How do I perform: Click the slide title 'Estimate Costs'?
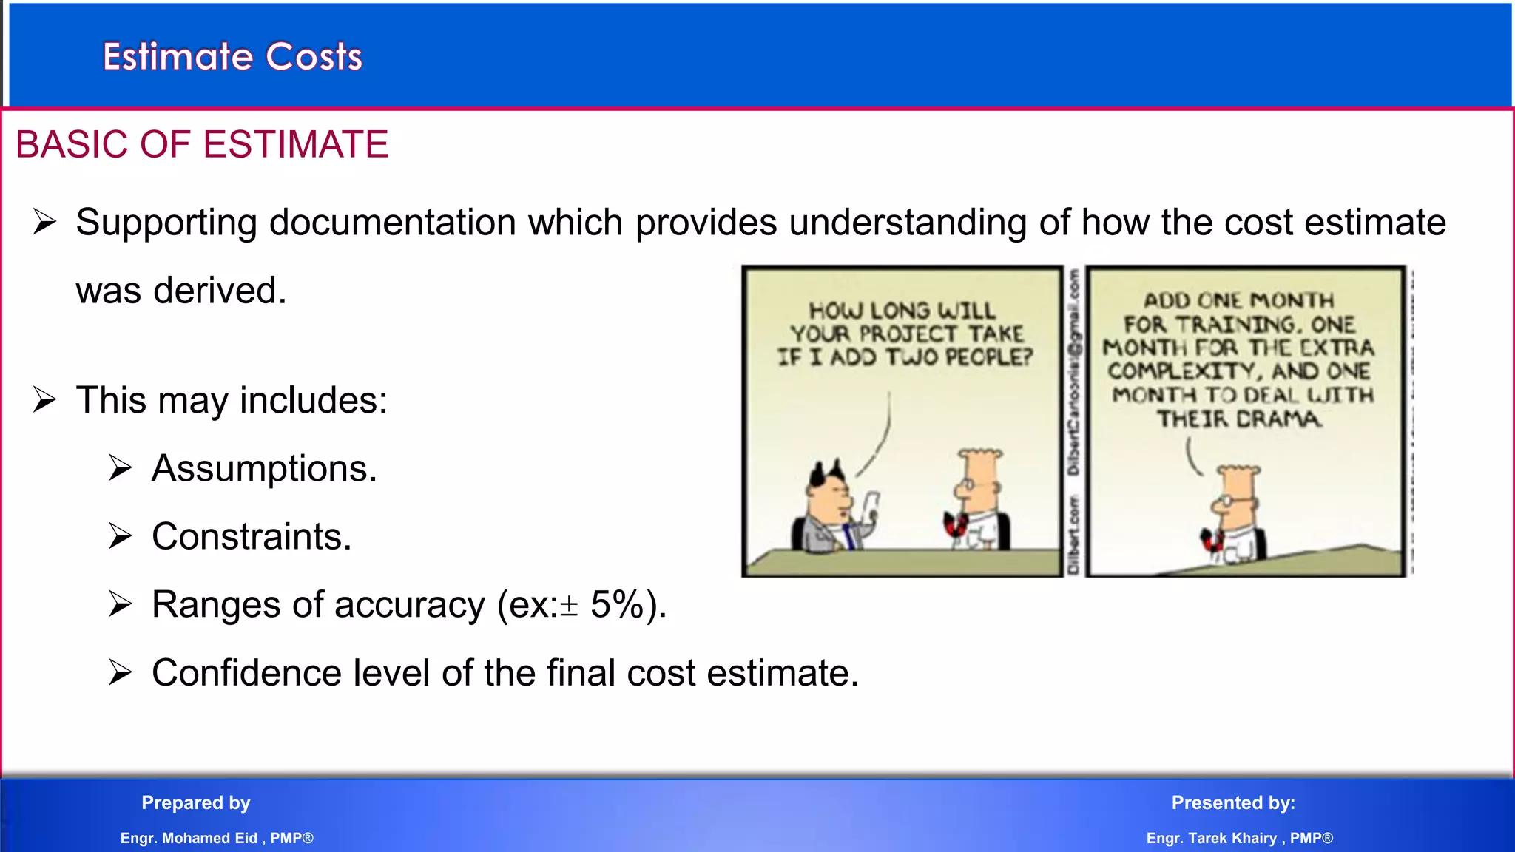tap(232, 57)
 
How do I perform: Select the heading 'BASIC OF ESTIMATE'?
tap(202, 144)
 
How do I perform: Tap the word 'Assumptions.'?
tap(264, 469)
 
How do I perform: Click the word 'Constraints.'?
tap(252, 537)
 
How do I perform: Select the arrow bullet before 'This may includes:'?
tap(44, 400)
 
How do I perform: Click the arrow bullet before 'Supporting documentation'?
tap(44, 222)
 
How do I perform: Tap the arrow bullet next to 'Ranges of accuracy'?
tap(120, 604)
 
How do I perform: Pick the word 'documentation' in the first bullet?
tap(392, 223)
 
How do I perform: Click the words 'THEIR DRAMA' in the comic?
tap(1238, 419)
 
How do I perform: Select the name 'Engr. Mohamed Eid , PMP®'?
tap(217, 838)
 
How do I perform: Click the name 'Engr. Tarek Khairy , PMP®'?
tap(1239, 838)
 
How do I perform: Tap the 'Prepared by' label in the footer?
tap(196, 802)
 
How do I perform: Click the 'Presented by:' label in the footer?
tap(1233, 802)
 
